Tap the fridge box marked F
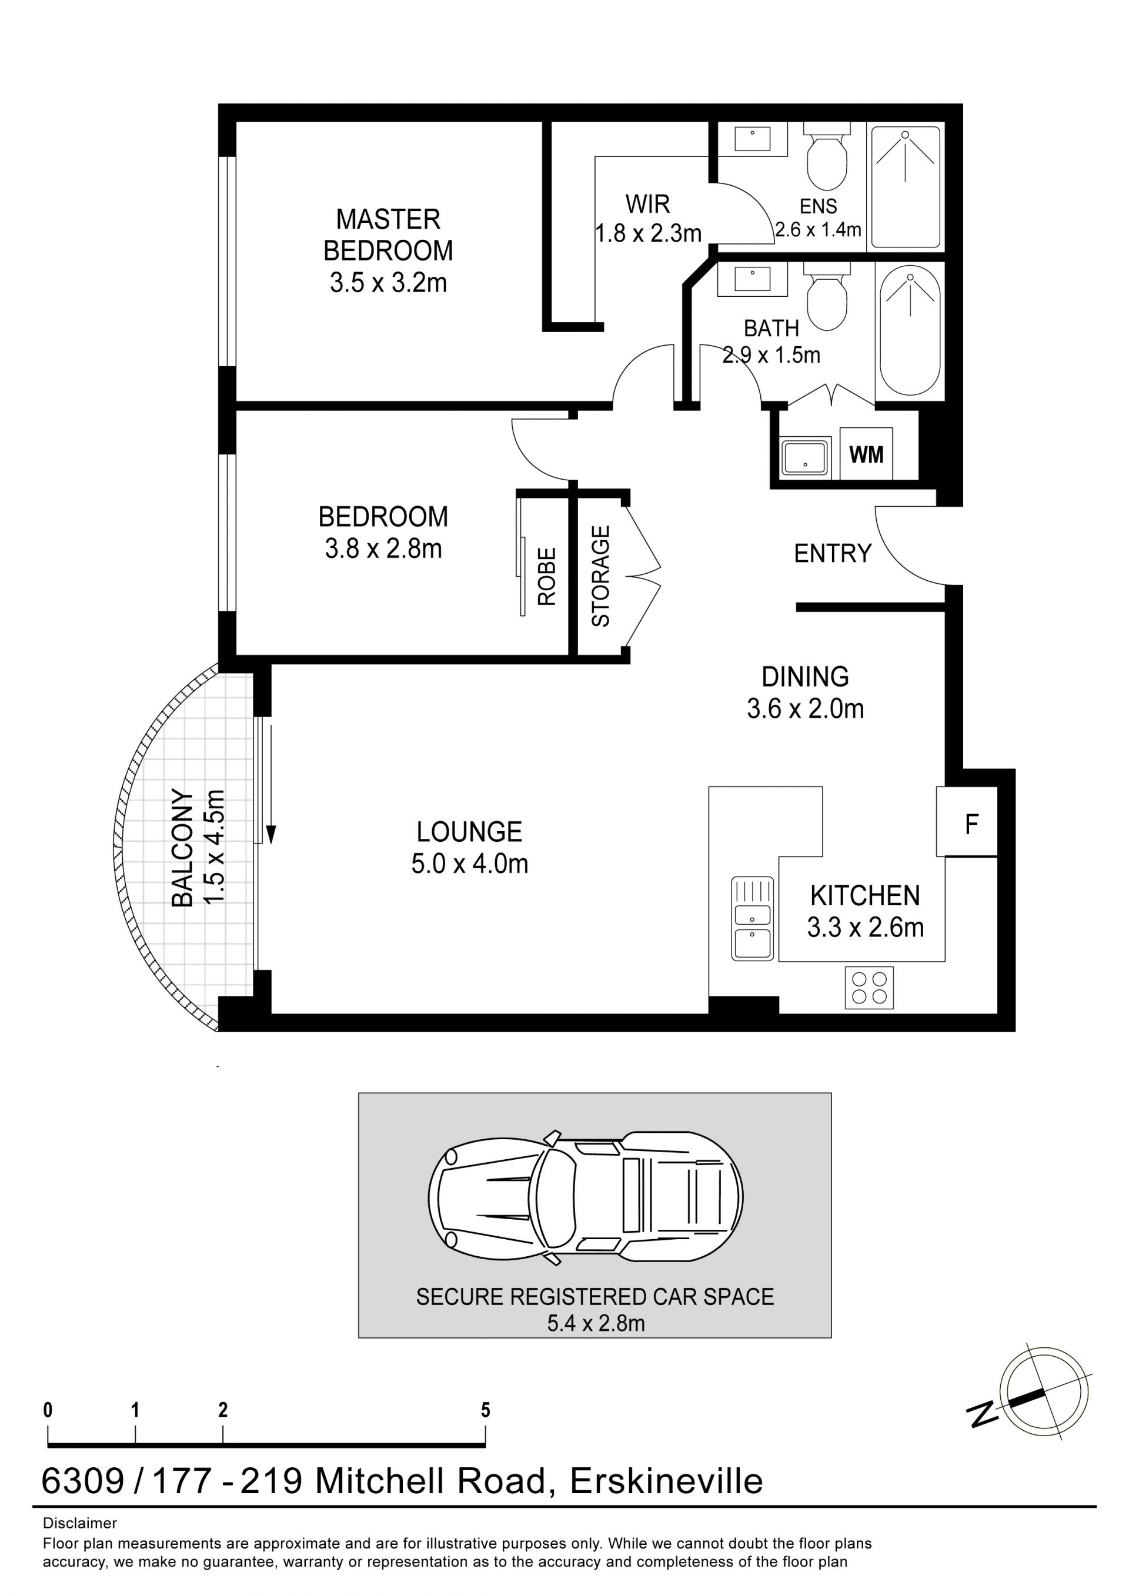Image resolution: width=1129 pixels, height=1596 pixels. [967, 821]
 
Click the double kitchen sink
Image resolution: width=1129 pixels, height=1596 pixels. [752, 918]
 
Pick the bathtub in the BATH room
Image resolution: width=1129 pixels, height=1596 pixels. [910, 333]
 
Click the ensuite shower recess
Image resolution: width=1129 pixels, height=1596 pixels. [906, 186]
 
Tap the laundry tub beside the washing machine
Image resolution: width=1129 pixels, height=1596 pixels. [806, 457]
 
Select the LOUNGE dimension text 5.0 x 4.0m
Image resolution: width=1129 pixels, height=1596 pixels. [470, 864]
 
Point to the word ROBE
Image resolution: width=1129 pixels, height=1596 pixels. [547, 576]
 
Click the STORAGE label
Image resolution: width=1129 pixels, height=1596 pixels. [600, 576]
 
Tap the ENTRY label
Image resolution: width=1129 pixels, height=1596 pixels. [832, 553]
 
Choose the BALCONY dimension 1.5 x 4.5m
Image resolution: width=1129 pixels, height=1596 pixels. [214, 846]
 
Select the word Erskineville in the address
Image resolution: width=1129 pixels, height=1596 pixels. [666, 1481]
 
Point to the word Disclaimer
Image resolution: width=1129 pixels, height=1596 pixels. [80, 1523]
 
